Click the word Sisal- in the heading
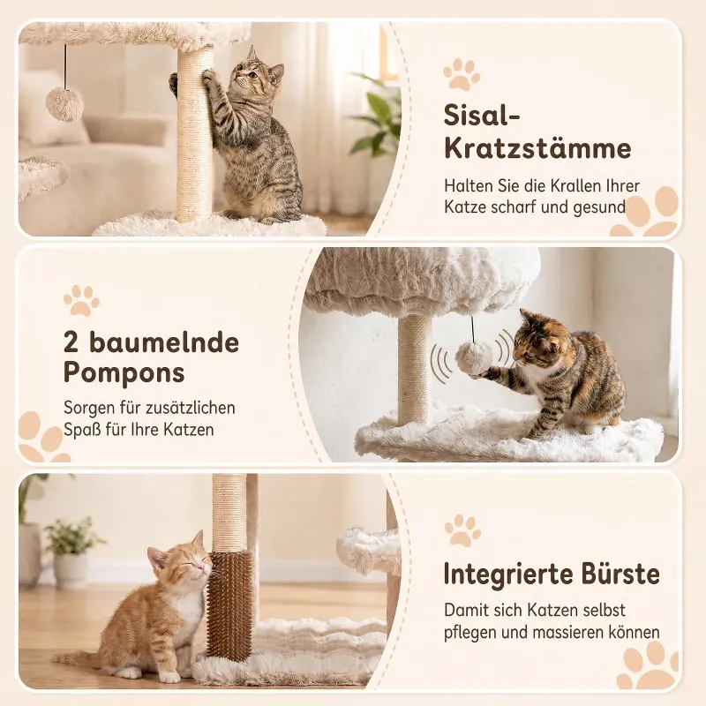pyautogui.click(x=482, y=116)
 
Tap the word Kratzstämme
pyautogui.click(x=537, y=149)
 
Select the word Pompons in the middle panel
pyautogui.click(x=124, y=372)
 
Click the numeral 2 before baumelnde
pyautogui.click(x=72, y=342)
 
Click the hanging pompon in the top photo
pyautogui.click(x=65, y=105)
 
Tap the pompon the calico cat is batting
pyautogui.click(x=471, y=357)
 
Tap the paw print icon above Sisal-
pyautogui.click(x=461, y=74)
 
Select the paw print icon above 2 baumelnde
pyautogui.click(x=81, y=300)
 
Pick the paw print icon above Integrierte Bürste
pyautogui.click(x=462, y=531)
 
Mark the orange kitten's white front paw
pyautogui.click(x=169, y=676)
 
